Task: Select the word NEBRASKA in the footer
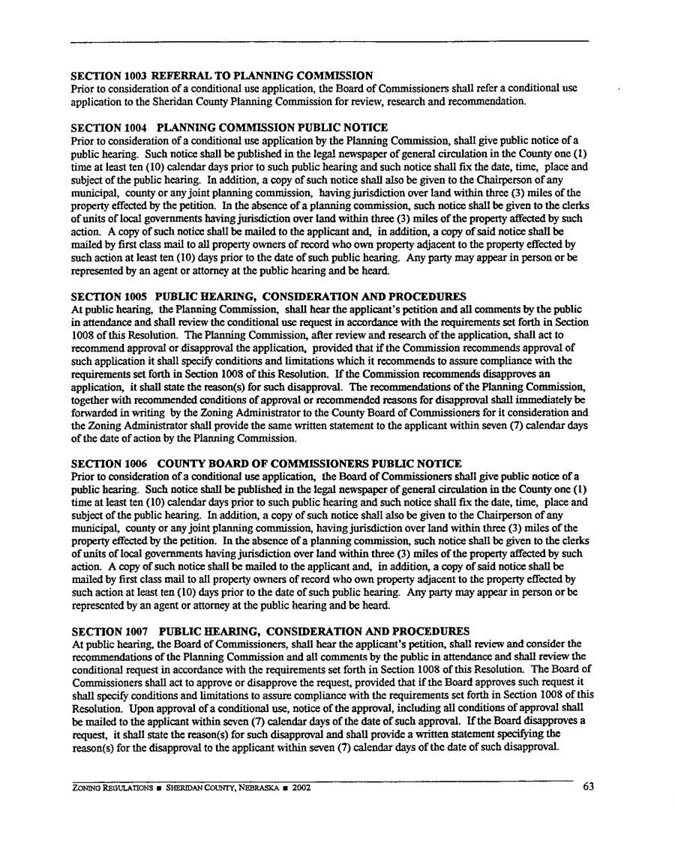tap(258, 788)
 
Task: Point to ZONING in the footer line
tap(86, 788)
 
